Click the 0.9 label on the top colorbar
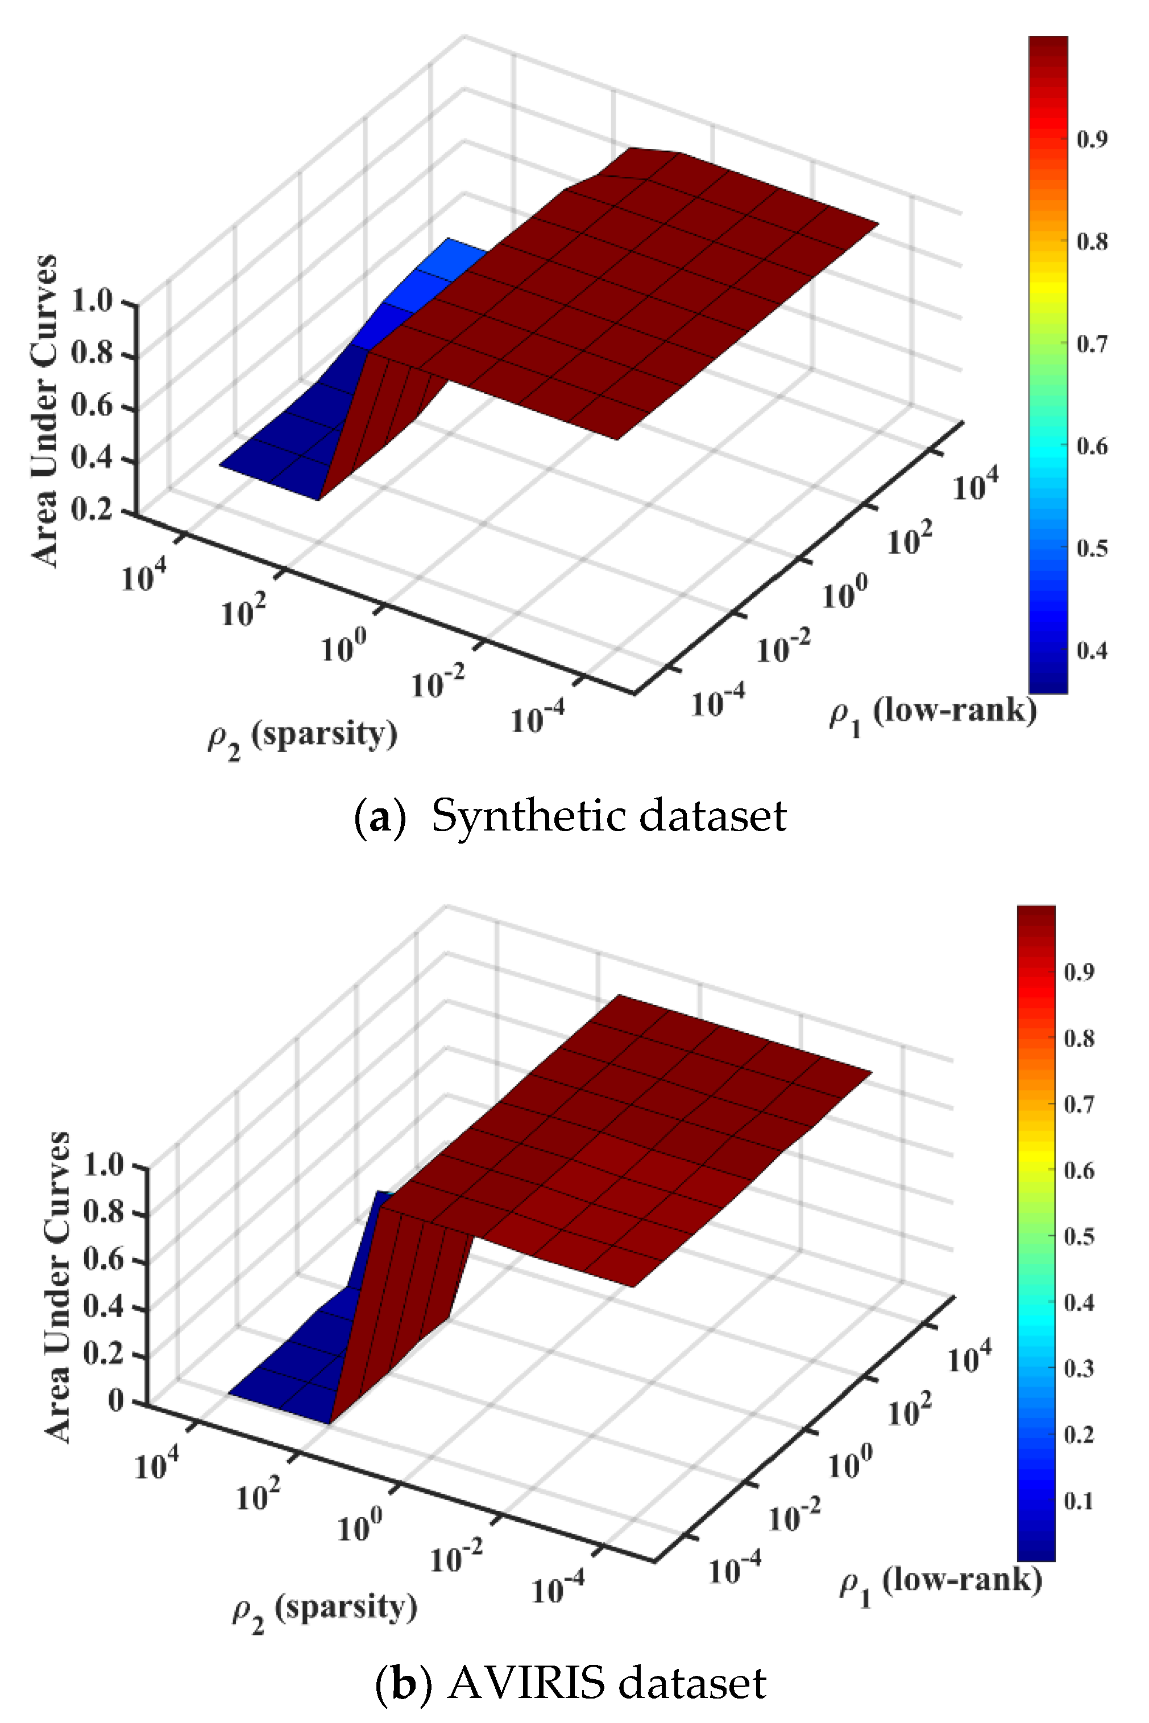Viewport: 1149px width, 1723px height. click(1091, 139)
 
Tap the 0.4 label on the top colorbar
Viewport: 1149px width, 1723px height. click(1091, 650)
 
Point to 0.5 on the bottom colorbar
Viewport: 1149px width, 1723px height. click(1079, 1236)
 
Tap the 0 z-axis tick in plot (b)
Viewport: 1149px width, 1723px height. click(117, 1401)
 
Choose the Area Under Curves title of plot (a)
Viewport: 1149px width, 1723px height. click(45, 410)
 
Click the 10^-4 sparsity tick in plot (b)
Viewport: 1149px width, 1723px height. click(557, 1588)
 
